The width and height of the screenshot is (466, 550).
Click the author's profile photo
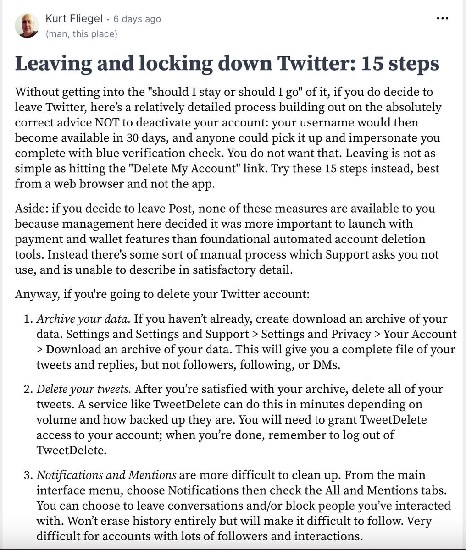[x=27, y=26]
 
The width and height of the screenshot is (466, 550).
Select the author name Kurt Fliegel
[x=74, y=18]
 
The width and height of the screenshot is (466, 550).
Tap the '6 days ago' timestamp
[x=137, y=19]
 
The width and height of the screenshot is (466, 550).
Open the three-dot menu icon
[x=442, y=19]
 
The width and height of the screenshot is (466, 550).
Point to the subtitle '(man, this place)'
[x=81, y=34]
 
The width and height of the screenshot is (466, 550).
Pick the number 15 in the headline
[x=374, y=63]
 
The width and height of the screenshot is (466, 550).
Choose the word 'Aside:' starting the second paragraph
[x=32, y=209]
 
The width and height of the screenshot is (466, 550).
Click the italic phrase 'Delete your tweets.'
[x=84, y=390]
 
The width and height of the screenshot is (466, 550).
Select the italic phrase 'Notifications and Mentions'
[x=106, y=475]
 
